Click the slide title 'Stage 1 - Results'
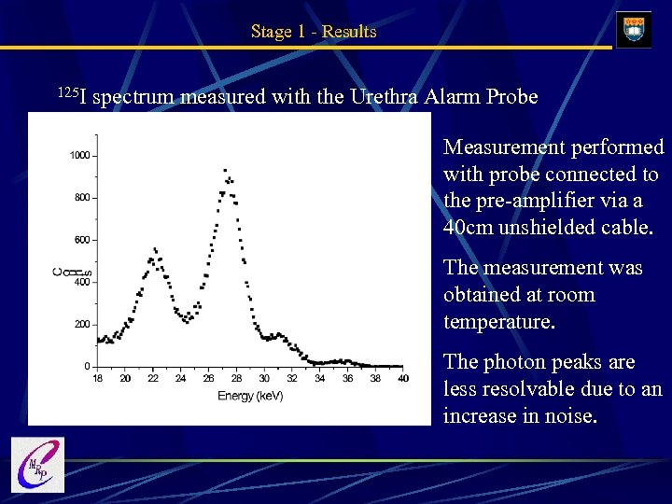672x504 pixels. (314, 32)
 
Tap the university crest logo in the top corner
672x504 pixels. (634, 30)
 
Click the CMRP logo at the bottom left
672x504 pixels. (36, 465)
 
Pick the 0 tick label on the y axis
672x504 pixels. (87, 367)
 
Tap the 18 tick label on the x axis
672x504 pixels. (98, 379)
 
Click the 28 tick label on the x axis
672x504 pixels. (236, 379)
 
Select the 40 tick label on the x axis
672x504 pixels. (402, 379)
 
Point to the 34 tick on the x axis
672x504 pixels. (319, 379)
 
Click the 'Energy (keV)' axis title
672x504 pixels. (250, 396)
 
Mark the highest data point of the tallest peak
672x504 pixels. (226, 170)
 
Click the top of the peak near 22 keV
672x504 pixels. (154, 249)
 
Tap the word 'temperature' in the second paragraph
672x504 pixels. (497, 322)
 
